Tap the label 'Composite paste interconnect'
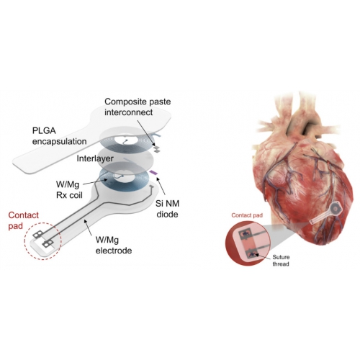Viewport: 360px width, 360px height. pos(138,107)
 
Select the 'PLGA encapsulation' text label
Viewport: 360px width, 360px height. pos(60,136)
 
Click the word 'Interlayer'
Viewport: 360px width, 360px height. pos(95,158)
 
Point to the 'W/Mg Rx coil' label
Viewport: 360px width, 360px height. pos(69,190)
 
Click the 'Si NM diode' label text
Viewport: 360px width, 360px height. pos(167,209)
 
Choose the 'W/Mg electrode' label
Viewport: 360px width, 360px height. pos(114,245)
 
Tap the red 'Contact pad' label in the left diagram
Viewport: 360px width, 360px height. pos(23,220)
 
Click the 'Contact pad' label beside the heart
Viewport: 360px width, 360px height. pos(247,215)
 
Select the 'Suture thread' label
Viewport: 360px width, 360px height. pos(281,261)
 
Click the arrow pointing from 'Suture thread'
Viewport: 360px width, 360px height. pos(264,256)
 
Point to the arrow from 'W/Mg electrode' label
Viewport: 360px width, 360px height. pos(88,227)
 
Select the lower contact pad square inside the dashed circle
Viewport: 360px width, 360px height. pos(48,244)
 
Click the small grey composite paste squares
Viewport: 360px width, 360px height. pos(157,148)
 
